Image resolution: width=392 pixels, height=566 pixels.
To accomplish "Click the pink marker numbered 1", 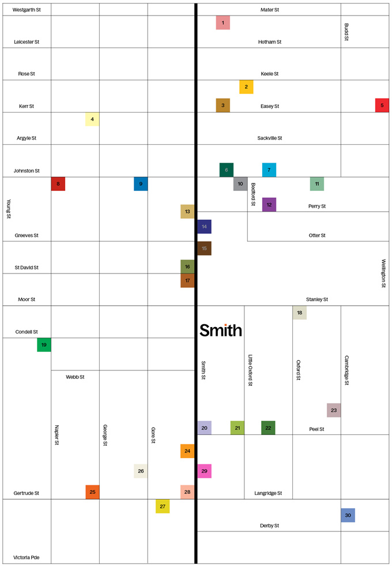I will point(223,23).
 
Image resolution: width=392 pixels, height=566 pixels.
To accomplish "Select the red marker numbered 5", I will point(382,106).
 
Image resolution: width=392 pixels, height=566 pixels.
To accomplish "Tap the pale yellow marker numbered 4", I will point(92,119).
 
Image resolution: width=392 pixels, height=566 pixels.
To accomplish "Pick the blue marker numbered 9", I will point(141,184).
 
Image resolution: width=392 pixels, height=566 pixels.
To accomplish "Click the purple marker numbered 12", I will point(269,205).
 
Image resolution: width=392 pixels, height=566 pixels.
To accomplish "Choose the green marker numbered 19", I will point(44,345).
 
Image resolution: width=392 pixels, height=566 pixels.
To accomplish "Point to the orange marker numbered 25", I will point(92,492).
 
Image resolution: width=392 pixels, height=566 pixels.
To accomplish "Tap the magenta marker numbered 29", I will point(204,471).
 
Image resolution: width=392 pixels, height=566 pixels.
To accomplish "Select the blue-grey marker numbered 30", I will point(348,515).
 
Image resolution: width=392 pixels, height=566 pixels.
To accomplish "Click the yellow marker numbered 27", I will point(163,506).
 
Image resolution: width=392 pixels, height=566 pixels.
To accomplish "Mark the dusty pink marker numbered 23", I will point(334,410).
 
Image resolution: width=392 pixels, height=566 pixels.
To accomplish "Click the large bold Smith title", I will point(221,330).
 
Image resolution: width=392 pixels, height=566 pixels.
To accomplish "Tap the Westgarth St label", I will point(26,10).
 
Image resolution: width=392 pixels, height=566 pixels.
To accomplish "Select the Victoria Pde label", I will point(27,558).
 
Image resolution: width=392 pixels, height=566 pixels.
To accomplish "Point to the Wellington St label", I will point(383,273).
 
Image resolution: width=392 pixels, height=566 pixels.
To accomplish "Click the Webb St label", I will point(75,377).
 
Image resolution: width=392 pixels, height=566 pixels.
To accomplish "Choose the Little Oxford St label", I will point(251,370).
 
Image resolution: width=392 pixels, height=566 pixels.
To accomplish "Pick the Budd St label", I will point(346,32).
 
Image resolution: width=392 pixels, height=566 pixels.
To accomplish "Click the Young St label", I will point(9,209).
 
